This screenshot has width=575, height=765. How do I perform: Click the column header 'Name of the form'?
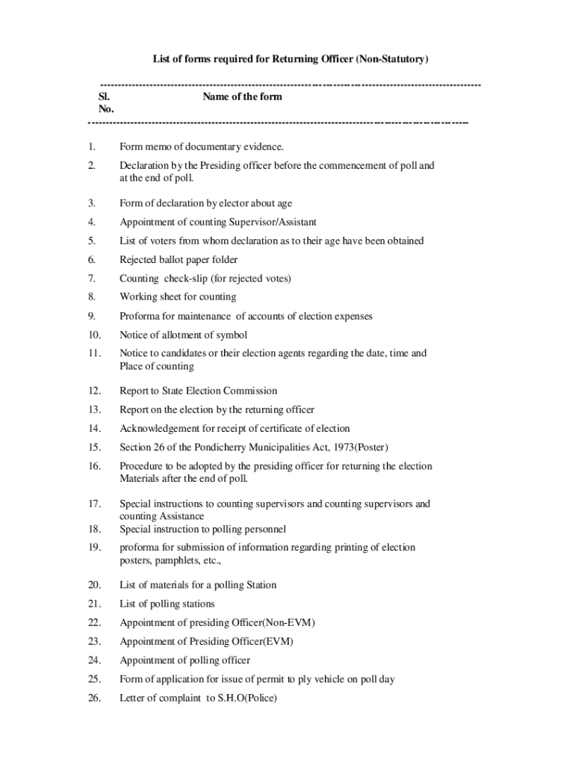pos(242,97)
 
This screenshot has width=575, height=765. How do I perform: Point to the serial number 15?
pos(93,447)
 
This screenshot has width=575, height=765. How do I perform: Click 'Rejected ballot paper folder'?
pos(178,260)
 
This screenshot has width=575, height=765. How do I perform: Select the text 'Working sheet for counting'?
pos(178,297)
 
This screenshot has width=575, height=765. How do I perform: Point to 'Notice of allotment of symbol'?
pos(183,335)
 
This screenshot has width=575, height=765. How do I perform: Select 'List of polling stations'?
pos(167,604)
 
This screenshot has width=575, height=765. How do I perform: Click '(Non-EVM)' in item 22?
pos(273,622)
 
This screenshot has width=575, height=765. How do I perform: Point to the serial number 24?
pos(93,660)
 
